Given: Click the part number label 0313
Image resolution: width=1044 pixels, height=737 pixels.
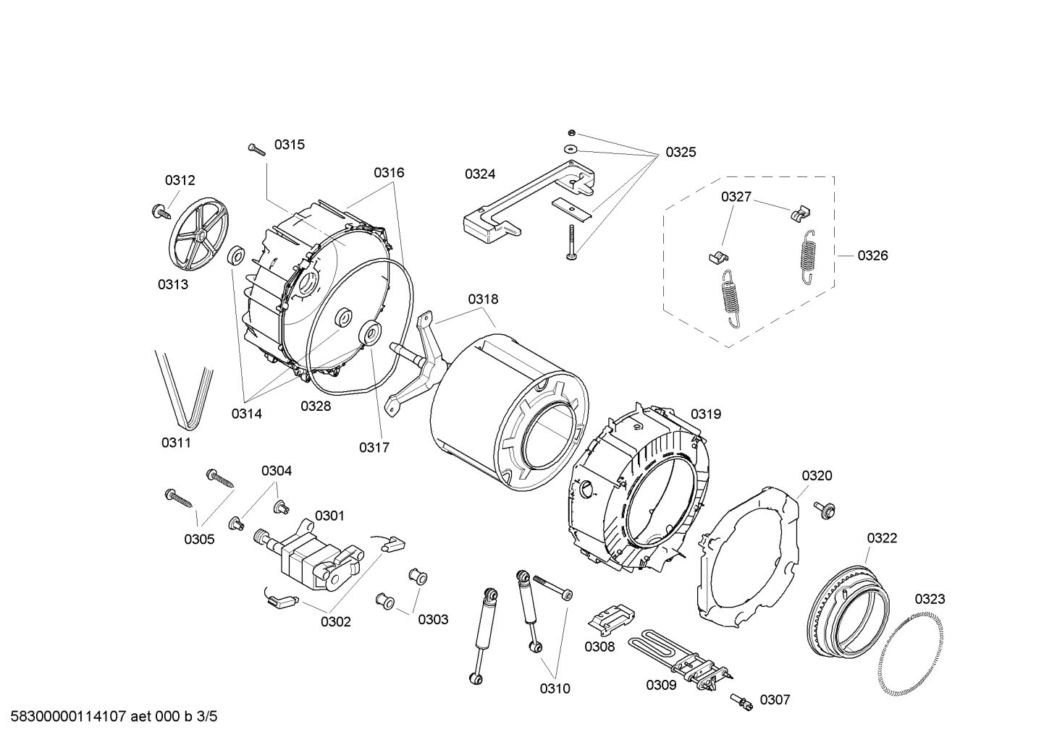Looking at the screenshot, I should tap(173, 284).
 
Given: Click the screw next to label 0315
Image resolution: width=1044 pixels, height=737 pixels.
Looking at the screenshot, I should tap(257, 148).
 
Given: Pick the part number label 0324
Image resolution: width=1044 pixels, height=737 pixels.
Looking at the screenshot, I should tap(480, 174).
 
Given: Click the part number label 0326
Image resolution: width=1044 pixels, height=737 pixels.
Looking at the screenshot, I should tap(872, 255).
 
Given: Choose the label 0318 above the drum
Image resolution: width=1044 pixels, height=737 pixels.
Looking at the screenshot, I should tap(483, 299).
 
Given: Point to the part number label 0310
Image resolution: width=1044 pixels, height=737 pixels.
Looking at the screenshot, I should tap(555, 689).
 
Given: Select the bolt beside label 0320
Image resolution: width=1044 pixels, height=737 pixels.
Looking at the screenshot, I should tap(823, 508).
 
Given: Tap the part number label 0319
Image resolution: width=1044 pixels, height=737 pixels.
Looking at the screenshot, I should tap(705, 414).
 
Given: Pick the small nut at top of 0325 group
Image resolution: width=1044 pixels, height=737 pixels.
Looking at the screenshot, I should tap(571, 132).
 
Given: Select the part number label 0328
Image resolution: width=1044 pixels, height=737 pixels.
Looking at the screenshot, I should tap(316, 406).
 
